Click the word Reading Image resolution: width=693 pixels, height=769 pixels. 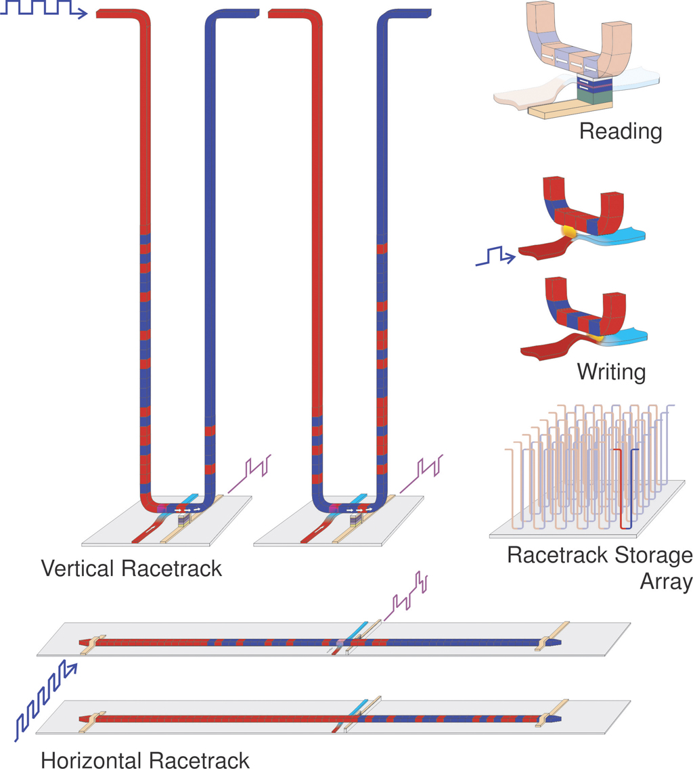621,131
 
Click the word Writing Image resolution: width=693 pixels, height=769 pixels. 611,372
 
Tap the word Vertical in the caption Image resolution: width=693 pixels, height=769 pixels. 78,569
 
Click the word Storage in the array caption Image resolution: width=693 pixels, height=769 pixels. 653,556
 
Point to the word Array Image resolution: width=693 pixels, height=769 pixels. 667,581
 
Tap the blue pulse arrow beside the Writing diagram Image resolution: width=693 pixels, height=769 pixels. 495,256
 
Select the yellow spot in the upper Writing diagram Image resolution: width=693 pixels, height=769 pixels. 569,230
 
